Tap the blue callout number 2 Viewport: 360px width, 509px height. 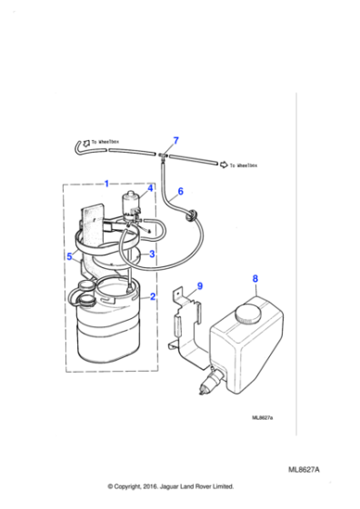pos(152,296)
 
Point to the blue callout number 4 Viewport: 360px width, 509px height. pos(149,215)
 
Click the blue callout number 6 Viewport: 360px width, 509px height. pos(180,192)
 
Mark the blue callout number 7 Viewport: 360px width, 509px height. pos(175,140)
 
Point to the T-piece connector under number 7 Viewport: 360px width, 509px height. pos(165,158)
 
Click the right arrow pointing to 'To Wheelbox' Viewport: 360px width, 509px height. pos(222,165)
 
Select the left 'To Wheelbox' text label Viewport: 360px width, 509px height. pos(106,142)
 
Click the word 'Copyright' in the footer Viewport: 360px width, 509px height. pos(139,486)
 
